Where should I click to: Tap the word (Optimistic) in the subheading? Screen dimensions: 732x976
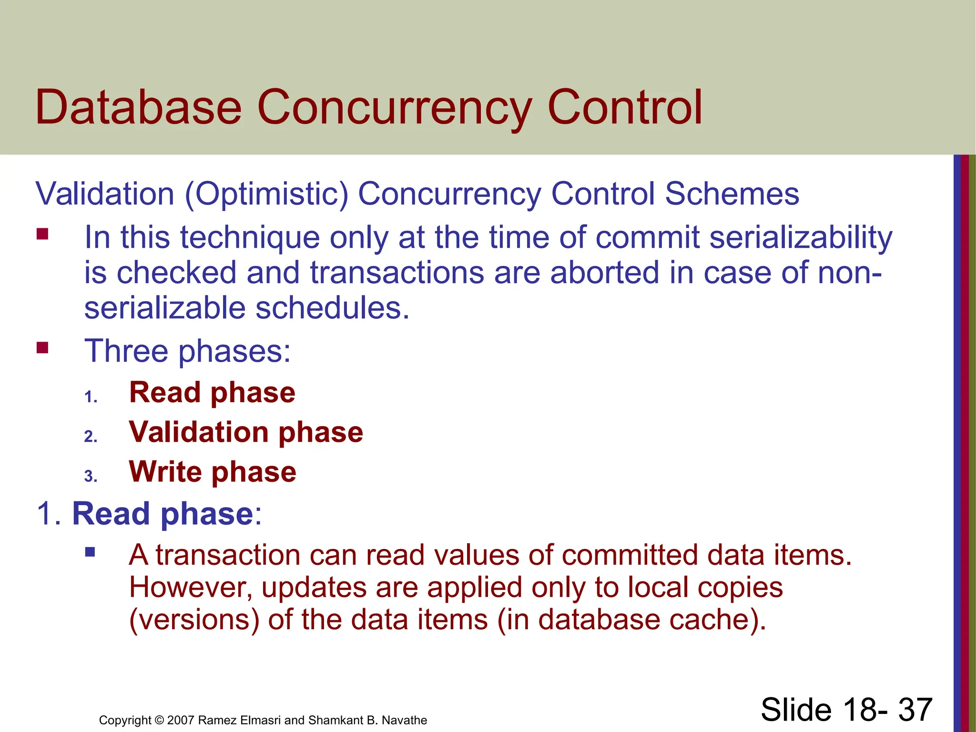pos(267,194)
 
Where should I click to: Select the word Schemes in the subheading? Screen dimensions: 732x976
pos(732,194)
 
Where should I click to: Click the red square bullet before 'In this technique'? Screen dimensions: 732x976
pos(42,234)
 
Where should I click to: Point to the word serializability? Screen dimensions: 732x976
pos(801,237)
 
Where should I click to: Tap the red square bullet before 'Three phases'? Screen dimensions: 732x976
pos(42,348)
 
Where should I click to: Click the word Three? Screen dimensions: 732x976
pos(126,351)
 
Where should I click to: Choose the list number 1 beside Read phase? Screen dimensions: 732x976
pos(90,397)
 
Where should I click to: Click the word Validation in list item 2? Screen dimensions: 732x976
pos(199,432)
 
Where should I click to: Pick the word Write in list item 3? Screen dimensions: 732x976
pos(165,472)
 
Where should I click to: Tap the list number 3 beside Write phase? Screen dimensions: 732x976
pos(90,476)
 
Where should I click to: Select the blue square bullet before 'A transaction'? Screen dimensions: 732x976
pos(90,552)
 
